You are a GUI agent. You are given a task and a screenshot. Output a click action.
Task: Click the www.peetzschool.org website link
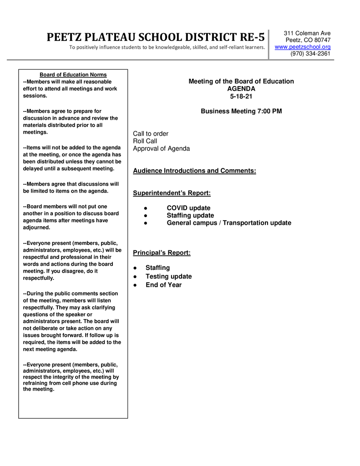click(x=303, y=47)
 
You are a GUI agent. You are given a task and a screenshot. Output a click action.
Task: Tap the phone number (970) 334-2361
click(x=310, y=54)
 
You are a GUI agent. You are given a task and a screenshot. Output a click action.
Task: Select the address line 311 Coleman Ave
click(x=307, y=33)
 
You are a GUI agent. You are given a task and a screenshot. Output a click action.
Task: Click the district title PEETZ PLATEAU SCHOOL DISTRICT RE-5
click(x=156, y=37)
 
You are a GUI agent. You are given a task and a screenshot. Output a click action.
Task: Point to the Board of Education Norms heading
click(x=73, y=75)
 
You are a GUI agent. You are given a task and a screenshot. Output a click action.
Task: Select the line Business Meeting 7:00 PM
click(x=241, y=111)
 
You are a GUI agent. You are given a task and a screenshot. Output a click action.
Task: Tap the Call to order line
click(x=151, y=134)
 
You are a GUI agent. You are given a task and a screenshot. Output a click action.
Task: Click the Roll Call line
click(x=145, y=141)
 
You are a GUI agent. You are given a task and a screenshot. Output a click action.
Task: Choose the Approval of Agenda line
click(x=161, y=149)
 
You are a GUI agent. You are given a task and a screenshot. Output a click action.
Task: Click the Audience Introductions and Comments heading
click(x=194, y=171)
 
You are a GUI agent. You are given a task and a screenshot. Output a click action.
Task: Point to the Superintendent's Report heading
click(x=172, y=193)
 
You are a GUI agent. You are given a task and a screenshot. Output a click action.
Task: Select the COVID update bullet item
click(x=188, y=208)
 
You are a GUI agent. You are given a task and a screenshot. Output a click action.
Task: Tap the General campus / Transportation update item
click(x=229, y=223)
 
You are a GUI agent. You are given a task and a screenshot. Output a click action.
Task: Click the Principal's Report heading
click(x=162, y=253)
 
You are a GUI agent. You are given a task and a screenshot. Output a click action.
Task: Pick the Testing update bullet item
click(x=168, y=277)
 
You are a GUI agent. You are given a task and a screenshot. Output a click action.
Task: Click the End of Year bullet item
click(x=163, y=285)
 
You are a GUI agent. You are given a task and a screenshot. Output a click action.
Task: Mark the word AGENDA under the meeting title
click(x=241, y=89)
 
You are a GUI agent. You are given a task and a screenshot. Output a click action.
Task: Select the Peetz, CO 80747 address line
click(x=308, y=40)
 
